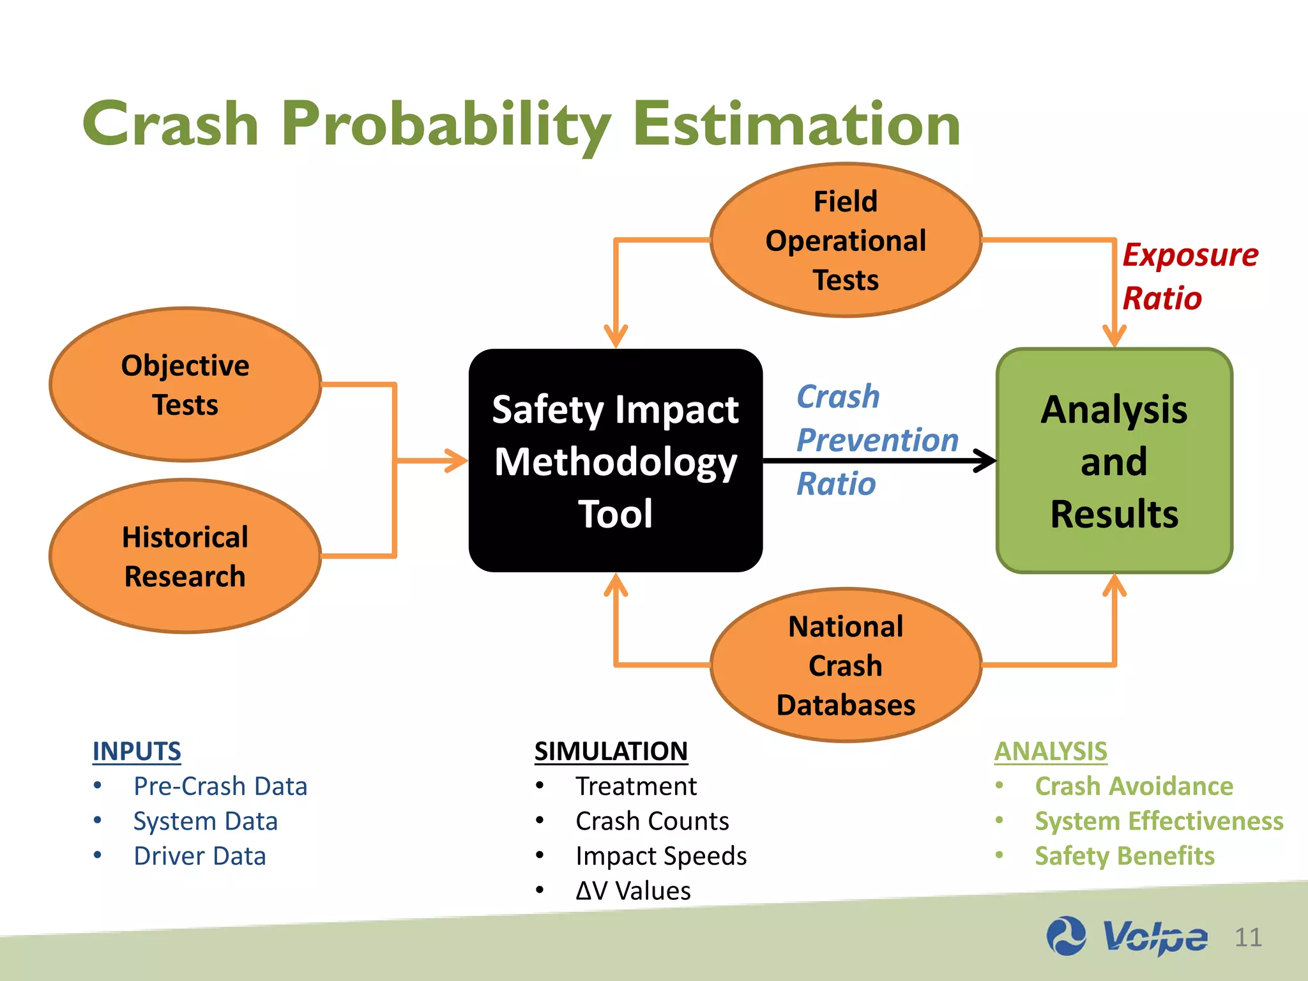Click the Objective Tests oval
pos(185,384)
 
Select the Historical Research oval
pos(185,556)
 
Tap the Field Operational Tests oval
pos(846,240)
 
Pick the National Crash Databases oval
pos(846,665)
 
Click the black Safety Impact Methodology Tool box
pos(615,460)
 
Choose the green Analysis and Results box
pos(1114,460)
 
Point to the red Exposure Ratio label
pos(1189,276)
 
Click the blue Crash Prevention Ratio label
pos(876,439)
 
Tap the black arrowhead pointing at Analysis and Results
pos(985,460)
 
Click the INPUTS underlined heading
pos(137,751)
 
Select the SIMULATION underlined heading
pos(611,751)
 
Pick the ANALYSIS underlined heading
pos(1050,751)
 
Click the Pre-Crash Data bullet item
pos(220,786)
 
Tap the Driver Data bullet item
pos(199,856)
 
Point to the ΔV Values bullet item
pos(632,890)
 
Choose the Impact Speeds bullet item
pos(660,856)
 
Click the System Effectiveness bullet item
pos(1159,821)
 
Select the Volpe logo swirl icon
pos(1066,936)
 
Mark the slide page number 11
pos(1248,938)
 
